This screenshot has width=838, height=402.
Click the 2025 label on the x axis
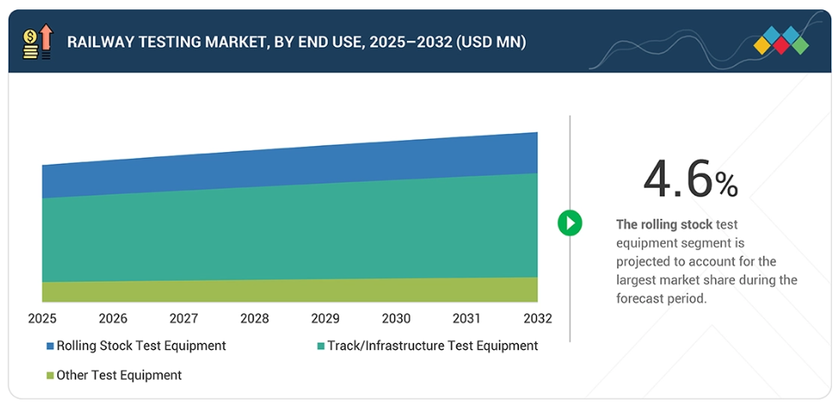(x=43, y=318)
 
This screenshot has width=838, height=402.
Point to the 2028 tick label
(x=254, y=318)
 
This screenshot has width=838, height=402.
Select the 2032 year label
(x=538, y=318)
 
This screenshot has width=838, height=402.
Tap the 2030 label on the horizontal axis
(x=396, y=318)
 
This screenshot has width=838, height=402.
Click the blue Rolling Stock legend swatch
(x=50, y=347)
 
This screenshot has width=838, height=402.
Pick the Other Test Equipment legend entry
(x=119, y=375)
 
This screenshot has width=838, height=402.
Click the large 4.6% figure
(x=690, y=178)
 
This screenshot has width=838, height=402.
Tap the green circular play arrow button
(x=569, y=224)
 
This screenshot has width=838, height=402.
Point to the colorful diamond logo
(x=781, y=41)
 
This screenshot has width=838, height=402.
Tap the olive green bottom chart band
(x=290, y=291)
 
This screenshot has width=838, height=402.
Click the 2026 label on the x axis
(x=113, y=318)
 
